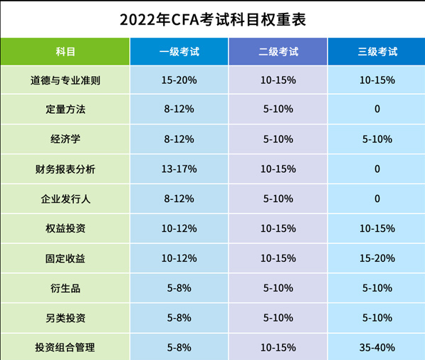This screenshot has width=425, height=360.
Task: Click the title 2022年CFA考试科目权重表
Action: click(x=213, y=19)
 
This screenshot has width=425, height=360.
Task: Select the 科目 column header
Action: click(x=65, y=51)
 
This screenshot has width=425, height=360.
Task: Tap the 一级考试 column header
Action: click(x=179, y=51)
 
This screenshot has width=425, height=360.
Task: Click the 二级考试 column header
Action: click(x=278, y=51)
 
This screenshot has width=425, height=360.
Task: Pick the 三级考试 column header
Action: click(x=377, y=51)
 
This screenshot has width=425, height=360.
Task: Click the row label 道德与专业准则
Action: click(x=65, y=80)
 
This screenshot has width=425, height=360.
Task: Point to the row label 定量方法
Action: click(x=65, y=110)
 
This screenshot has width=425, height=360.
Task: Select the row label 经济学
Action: click(x=65, y=139)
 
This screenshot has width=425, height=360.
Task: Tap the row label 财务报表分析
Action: click(x=65, y=169)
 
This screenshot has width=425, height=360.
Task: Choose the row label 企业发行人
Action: click(x=65, y=199)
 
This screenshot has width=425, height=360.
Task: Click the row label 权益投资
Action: click(x=65, y=228)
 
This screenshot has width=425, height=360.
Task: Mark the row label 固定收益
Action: click(x=65, y=258)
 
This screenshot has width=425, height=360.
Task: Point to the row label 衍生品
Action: click(x=65, y=288)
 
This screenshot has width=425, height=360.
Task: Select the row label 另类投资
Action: click(x=65, y=318)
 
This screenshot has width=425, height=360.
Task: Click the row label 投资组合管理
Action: click(x=65, y=348)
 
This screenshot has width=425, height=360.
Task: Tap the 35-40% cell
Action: click(x=377, y=348)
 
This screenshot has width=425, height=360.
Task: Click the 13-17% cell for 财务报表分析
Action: click(x=179, y=169)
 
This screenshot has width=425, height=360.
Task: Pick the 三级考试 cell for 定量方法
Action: click(x=377, y=110)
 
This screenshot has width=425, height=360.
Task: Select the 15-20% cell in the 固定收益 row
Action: click(x=377, y=258)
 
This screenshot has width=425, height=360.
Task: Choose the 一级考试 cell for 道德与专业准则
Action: click(x=179, y=80)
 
